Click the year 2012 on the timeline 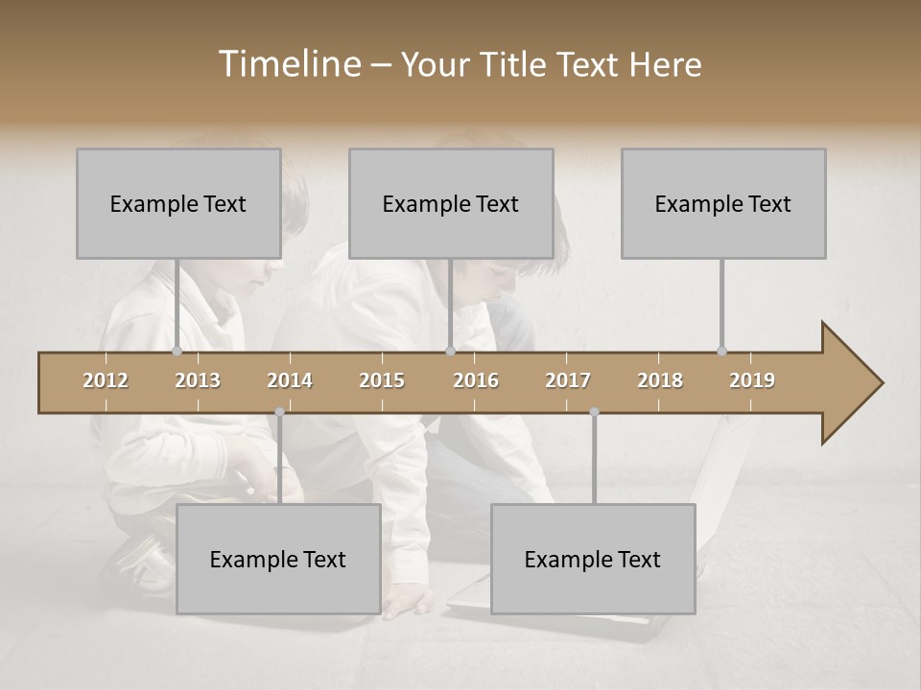(106, 380)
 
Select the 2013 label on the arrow (198, 380)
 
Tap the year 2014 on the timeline (290, 380)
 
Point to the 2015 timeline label (382, 380)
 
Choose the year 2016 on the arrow (476, 380)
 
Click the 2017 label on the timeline (568, 380)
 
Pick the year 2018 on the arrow (660, 380)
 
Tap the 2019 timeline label (752, 380)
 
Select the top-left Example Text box (178, 203)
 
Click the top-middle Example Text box (451, 203)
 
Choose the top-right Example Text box (723, 203)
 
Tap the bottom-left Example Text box (278, 559)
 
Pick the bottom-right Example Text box (593, 559)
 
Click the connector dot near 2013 (177, 351)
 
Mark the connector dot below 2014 (279, 412)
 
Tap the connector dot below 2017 (594, 412)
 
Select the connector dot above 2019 (721, 351)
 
